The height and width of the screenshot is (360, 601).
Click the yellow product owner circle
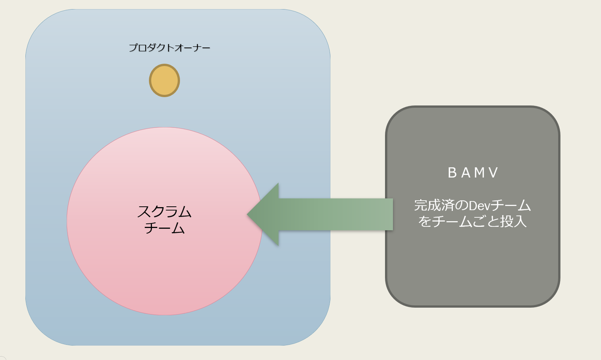(x=164, y=80)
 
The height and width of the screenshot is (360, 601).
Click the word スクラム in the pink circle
(x=164, y=212)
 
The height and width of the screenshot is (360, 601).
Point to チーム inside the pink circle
(x=164, y=228)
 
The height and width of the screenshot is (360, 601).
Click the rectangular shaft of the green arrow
(x=336, y=214)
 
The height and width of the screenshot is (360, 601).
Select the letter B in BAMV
(x=452, y=172)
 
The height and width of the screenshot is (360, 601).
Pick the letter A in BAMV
(x=466, y=172)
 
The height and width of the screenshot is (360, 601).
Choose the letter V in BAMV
(x=493, y=172)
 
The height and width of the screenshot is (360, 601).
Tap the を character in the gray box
(x=425, y=222)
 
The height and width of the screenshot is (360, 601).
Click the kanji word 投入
(x=513, y=222)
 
